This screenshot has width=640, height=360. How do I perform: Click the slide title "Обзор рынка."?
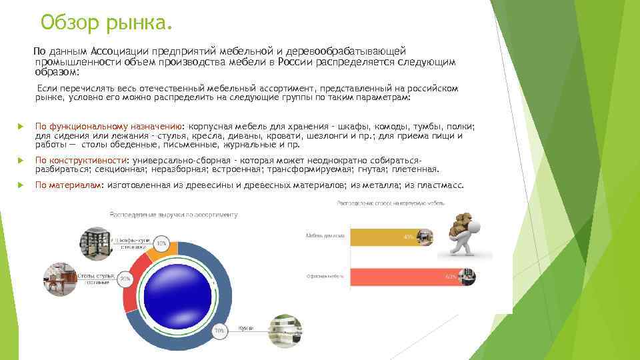pos(106,23)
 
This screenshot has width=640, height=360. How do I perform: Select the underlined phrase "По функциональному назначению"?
pos(109,126)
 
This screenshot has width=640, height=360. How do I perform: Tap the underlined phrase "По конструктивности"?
pos(81,161)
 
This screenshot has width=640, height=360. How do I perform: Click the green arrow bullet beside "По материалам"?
pos(21,186)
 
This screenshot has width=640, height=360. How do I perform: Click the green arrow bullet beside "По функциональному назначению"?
pos(21,127)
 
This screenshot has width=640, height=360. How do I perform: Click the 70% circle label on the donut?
pos(219,330)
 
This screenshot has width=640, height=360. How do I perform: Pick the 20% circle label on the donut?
pos(124,279)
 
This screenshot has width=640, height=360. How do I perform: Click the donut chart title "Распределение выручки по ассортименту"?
pos(173,215)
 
